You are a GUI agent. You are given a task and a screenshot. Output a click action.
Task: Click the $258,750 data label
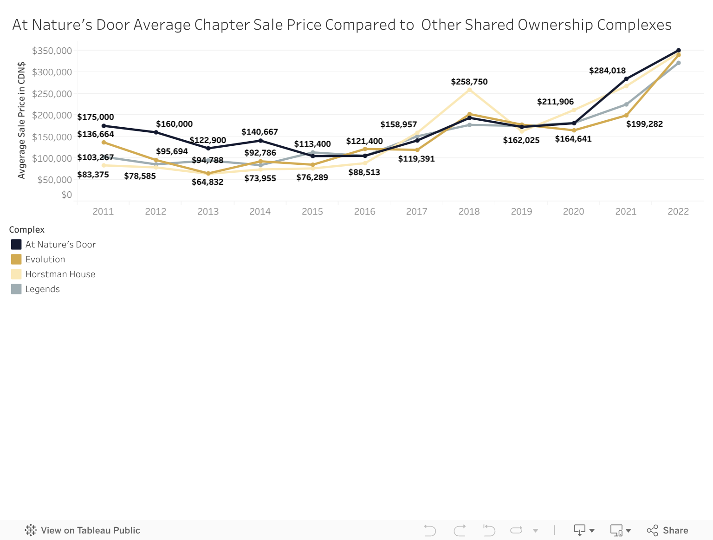(x=469, y=82)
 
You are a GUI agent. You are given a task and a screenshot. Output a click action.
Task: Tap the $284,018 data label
(x=607, y=71)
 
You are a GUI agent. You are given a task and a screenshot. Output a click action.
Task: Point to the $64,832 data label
(x=207, y=182)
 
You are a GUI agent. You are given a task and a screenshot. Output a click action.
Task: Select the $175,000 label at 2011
(x=96, y=117)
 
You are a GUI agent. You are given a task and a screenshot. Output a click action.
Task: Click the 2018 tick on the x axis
(x=469, y=211)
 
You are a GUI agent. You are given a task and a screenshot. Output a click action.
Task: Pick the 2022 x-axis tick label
(x=678, y=211)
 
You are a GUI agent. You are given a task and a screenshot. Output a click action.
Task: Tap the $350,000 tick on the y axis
(x=52, y=51)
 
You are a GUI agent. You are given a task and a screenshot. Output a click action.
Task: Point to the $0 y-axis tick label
(x=67, y=195)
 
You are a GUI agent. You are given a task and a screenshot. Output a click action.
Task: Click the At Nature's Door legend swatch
(x=16, y=244)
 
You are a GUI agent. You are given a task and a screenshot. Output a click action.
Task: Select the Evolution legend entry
(x=45, y=259)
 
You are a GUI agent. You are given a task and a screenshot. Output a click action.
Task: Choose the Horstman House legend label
(x=60, y=274)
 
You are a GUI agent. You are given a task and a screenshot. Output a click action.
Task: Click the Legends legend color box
(x=16, y=289)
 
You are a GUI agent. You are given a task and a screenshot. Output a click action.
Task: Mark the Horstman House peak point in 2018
(x=469, y=90)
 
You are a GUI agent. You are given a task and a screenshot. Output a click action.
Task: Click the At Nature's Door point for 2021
(x=626, y=79)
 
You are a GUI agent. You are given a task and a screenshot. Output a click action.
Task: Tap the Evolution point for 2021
(x=626, y=115)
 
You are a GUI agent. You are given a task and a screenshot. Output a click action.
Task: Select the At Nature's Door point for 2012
(x=156, y=132)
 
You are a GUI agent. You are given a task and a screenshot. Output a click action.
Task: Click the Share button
(x=668, y=530)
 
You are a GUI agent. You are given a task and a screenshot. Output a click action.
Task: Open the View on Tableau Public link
(x=83, y=530)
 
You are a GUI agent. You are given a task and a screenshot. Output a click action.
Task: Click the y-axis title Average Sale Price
(x=21, y=120)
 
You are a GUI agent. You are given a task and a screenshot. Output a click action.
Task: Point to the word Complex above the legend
(x=27, y=229)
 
